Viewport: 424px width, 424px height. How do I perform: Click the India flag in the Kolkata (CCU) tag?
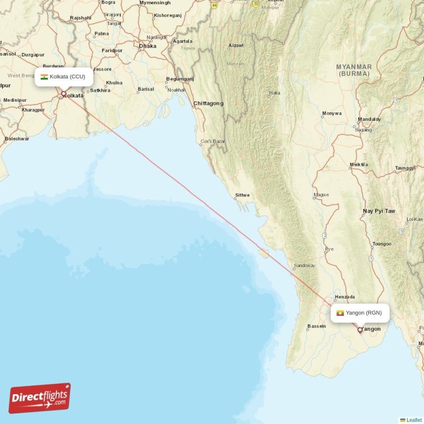click(44, 77)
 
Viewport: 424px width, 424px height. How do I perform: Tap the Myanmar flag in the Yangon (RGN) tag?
click(340, 313)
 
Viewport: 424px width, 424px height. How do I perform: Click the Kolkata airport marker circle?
click(63, 94)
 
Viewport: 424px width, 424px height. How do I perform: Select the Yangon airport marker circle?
click(360, 330)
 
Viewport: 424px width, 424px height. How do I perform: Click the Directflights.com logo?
click(40, 398)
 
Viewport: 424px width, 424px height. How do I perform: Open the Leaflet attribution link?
click(414, 420)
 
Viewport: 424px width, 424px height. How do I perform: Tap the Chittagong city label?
click(208, 103)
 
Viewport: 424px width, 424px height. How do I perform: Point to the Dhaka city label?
click(147, 46)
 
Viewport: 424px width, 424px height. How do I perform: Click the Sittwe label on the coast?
click(242, 195)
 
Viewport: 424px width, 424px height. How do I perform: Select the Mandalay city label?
click(369, 119)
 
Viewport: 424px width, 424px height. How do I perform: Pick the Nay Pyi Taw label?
click(379, 211)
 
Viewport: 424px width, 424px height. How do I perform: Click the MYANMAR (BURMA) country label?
click(354, 70)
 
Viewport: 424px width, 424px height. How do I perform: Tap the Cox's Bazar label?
click(213, 142)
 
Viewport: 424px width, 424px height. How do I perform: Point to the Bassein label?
click(316, 326)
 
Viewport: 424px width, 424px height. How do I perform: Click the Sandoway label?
click(304, 266)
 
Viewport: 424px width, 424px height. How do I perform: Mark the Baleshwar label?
click(17, 138)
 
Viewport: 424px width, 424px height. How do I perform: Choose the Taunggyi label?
click(405, 168)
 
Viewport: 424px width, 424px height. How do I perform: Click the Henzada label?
click(345, 297)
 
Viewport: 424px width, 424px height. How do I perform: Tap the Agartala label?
click(182, 41)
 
